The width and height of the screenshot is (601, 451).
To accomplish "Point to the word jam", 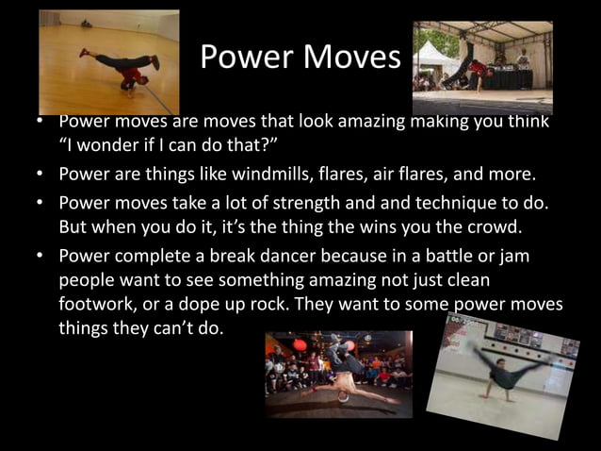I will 528,257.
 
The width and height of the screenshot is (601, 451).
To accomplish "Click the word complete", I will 153,257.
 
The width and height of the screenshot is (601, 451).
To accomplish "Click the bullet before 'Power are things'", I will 43,174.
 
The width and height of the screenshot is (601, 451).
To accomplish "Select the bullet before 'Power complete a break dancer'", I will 43,257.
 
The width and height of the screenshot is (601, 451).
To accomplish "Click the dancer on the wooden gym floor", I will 127,74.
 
